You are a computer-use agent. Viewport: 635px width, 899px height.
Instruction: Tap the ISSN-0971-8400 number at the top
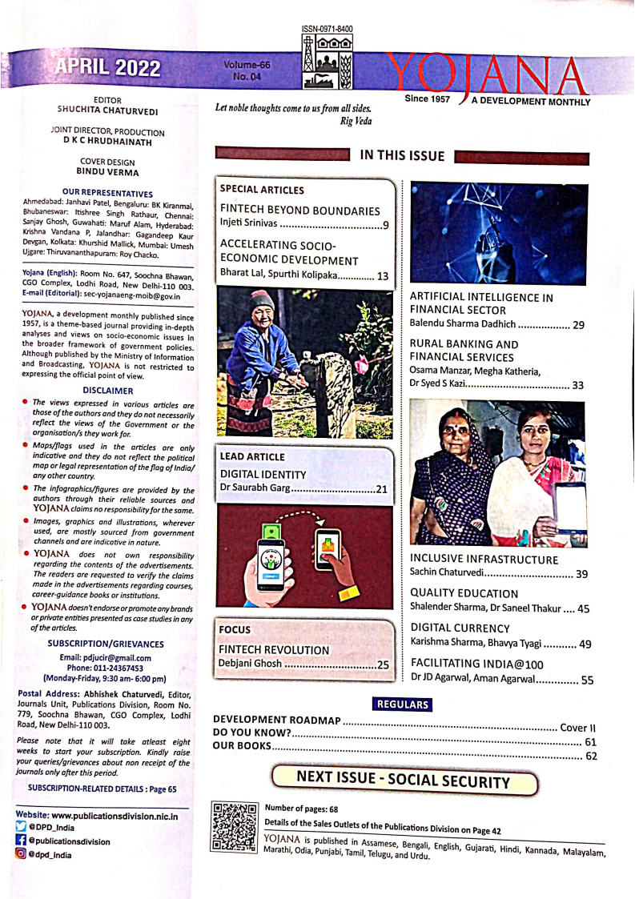[x=328, y=30]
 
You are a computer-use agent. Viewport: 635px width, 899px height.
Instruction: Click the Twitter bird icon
[x=21, y=828]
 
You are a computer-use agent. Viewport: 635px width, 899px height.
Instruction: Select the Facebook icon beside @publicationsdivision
[x=21, y=841]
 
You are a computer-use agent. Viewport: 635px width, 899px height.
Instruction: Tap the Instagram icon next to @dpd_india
[x=21, y=854]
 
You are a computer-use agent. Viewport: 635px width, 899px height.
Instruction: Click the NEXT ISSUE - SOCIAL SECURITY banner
[x=403, y=781]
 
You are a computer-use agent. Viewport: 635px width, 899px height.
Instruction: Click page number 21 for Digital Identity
[x=382, y=489]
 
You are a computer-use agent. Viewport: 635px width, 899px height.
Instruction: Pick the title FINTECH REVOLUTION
[x=275, y=649]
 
